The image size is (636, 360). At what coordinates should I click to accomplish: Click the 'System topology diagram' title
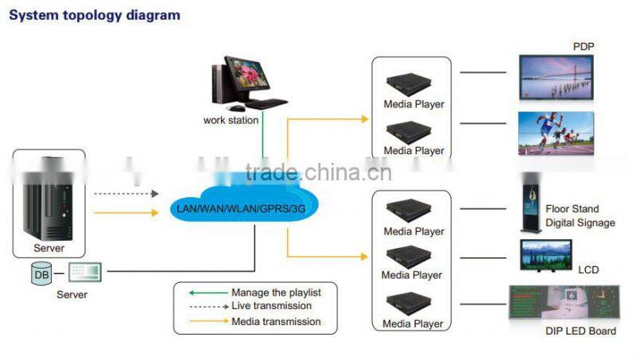95,15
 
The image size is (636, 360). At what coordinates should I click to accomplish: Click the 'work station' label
231,120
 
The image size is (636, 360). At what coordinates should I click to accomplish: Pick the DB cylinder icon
41,274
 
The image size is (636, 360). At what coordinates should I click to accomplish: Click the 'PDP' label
584,47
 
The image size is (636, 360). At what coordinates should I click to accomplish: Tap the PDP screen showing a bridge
556,76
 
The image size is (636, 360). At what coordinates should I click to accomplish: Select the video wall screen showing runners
556,132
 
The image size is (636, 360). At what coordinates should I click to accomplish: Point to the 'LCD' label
588,270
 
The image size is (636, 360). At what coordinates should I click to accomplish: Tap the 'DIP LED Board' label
580,331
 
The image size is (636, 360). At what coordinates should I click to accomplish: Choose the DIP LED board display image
562,304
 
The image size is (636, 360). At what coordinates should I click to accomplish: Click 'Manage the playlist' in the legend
276,292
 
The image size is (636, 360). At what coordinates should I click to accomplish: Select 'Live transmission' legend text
271,306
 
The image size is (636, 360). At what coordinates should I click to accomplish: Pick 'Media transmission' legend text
276,321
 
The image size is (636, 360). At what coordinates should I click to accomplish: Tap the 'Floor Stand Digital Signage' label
580,216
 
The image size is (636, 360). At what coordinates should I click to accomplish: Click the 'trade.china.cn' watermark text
318,172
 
